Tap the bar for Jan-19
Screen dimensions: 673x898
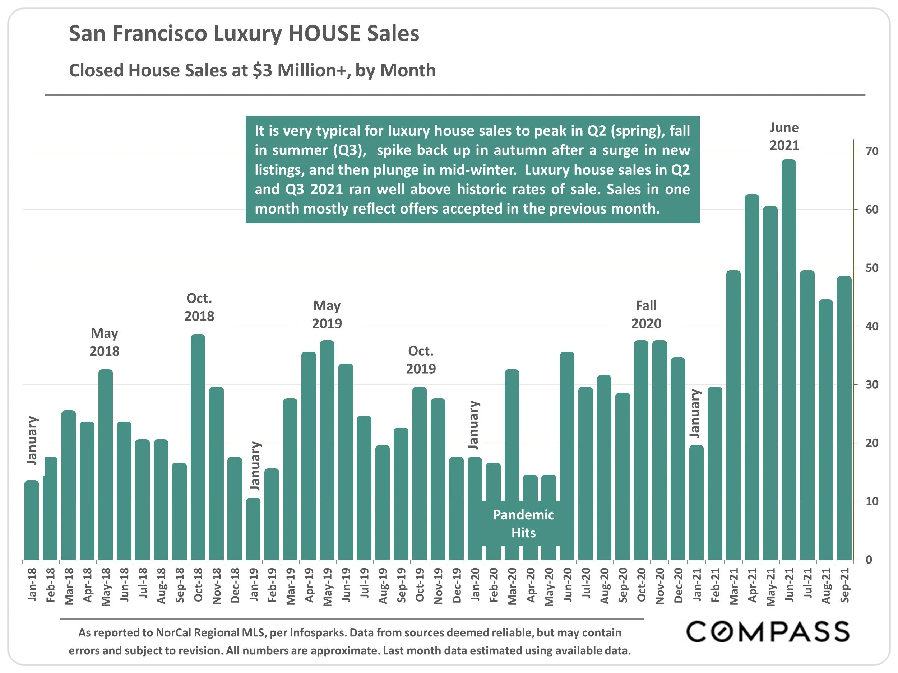pyautogui.click(x=253, y=529)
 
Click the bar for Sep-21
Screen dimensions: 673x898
pyautogui.click(x=844, y=418)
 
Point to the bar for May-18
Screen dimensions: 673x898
pyautogui.click(x=106, y=464)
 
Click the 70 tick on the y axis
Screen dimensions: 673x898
pyautogui.click(x=872, y=151)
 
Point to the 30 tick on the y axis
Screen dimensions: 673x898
pyautogui.click(x=872, y=384)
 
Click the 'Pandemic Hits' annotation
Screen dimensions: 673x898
pyautogui.click(x=523, y=524)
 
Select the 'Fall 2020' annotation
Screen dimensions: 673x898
pyautogui.click(x=646, y=314)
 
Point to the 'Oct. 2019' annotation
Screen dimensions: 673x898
pyautogui.click(x=421, y=360)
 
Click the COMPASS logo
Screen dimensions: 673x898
pyautogui.click(x=768, y=632)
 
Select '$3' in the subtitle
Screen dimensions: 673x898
pyautogui.click(x=263, y=70)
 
